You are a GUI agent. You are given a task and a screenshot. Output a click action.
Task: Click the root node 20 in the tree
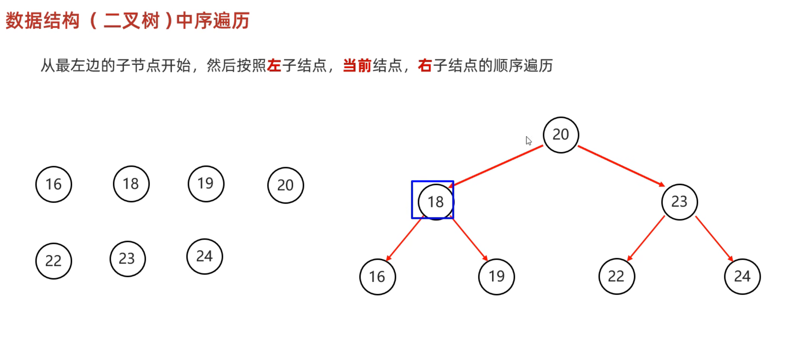tap(561, 135)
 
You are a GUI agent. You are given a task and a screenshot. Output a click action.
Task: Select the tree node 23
tap(679, 202)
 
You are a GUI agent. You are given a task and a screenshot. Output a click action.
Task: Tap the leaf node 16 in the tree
tap(377, 277)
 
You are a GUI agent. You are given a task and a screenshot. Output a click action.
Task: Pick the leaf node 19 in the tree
tap(496, 276)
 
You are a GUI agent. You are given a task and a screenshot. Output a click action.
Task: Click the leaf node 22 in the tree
tap(616, 276)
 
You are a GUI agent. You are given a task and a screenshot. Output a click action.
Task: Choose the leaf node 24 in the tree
tap(742, 276)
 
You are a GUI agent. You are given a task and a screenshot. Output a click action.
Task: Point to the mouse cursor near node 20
tap(528, 140)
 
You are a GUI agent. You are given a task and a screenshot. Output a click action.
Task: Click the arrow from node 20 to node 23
tap(621, 166)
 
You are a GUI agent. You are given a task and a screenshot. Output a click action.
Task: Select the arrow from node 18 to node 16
tap(403, 240)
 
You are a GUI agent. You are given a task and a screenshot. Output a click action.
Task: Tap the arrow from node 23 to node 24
tap(714, 238)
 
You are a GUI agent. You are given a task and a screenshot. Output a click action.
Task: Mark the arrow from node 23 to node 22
tap(646, 238)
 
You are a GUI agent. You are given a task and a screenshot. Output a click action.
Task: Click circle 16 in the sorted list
tap(54, 184)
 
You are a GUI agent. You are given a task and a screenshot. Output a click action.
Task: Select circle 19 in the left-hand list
tap(206, 184)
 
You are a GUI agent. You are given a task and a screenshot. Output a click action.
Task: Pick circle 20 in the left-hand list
tap(285, 185)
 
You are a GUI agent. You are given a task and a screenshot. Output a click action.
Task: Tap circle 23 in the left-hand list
tap(127, 259)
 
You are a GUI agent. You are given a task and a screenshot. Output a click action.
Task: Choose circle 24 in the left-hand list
tap(204, 257)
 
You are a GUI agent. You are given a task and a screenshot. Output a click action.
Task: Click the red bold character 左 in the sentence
tap(274, 66)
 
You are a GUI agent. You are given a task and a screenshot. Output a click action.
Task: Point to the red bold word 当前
tap(357, 66)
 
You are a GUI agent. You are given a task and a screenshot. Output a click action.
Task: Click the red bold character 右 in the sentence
tap(425, 66)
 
